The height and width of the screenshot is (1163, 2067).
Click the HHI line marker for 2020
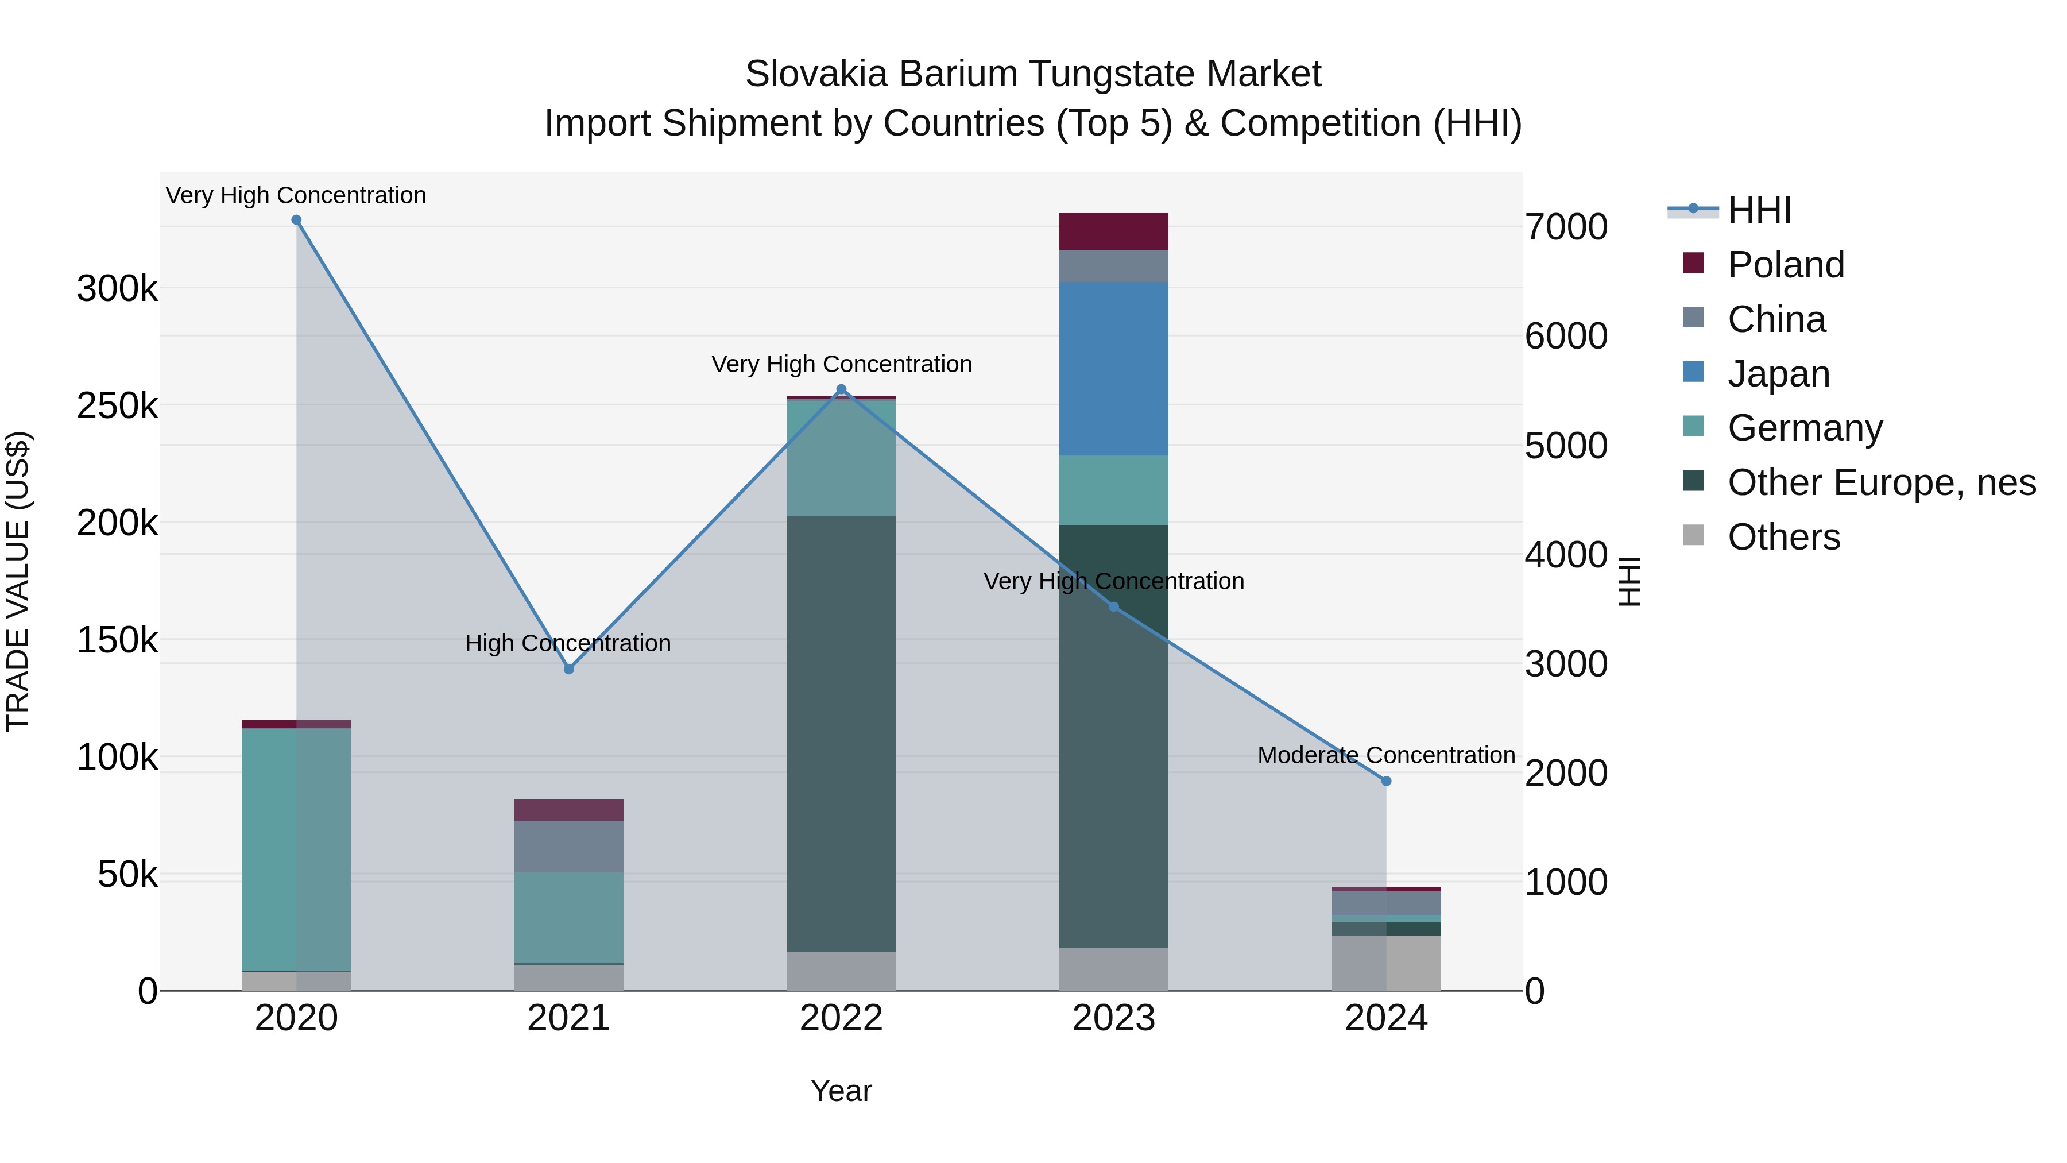[296, 220]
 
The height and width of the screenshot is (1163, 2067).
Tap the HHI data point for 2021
[569, 669]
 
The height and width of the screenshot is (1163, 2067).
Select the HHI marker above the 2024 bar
[1386, 781]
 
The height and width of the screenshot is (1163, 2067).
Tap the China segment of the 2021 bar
[569, 846]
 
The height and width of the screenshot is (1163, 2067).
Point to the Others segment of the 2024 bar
[1386, 963]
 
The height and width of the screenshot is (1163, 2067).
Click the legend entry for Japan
[1778, 374]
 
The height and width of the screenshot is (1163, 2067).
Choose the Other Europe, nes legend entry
[1881, 482]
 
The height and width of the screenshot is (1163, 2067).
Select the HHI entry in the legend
[1759, 210]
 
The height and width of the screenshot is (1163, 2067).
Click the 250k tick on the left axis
[117, 406]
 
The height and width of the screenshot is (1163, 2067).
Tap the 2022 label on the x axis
[841, 1018]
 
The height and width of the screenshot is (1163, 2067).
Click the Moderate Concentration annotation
[1386, 755]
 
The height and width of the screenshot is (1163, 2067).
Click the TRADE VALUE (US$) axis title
[18, 581]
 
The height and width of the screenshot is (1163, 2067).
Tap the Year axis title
[841, 1091]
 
